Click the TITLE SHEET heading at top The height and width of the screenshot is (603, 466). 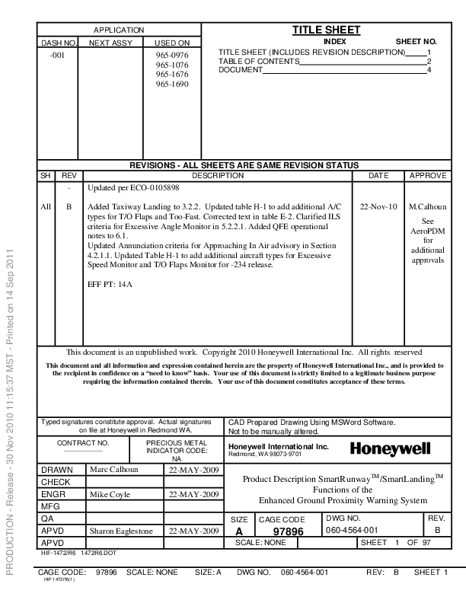point(327,30)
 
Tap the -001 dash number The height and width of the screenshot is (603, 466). point(56,56)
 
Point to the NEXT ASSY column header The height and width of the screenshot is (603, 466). point(110,43)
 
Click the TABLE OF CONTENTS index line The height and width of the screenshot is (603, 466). point(259,61)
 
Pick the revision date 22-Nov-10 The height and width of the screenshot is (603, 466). point(378,206)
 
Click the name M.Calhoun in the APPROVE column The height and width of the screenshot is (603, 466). point(427,206)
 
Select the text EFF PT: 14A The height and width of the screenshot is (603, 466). point(110,284)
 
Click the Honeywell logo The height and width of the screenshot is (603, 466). point(390,450)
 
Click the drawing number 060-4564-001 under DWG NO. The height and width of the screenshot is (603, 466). point(351,530)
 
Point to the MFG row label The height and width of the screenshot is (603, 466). point(50,506)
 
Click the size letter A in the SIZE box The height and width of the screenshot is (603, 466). point(239,531)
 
